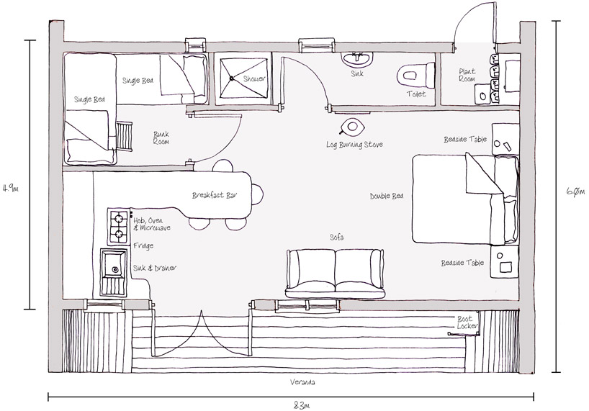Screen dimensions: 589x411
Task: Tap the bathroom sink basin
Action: [x=357, y=59]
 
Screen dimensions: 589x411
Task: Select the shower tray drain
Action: [x=232, y=78]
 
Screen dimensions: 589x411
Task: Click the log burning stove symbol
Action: [x=352, y=127]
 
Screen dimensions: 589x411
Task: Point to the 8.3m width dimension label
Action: [x=301, y=406]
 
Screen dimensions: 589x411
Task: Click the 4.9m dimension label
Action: [x=10, y=189]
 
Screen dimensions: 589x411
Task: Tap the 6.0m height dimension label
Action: [x=575, y=191]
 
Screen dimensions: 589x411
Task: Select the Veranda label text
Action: [x=302, y=382]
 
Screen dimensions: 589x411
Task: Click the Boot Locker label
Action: [x=466, y=322]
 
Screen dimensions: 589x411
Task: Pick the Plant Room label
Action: [x=467, y=75]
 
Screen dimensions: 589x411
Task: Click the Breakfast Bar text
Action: [x=215, y=195]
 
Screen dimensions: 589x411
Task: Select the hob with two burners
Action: [x=119, y=226]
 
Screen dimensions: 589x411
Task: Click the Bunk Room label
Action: [x=161, y=137]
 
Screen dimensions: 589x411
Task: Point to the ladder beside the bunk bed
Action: [x=124, y=136]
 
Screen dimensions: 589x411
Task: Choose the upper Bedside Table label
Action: [x=465, y=139]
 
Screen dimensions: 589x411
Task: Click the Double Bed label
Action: [x=387, y=197]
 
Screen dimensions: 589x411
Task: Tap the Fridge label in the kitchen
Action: [x=143, y=246]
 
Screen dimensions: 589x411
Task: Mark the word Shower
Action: [x=254, y=79]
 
